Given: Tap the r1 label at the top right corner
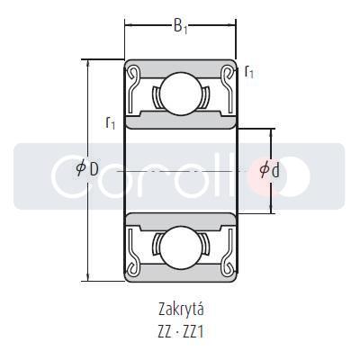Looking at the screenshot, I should tap(249, 71).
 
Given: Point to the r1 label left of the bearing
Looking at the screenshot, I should tap(110, 122).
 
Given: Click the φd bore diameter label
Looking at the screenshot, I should tap(268, 170).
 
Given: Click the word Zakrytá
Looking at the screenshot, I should tap(180, 309).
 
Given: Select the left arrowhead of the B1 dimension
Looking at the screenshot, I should tap(128, 22).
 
